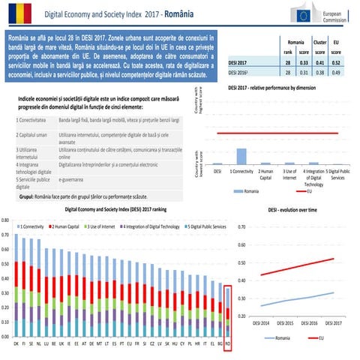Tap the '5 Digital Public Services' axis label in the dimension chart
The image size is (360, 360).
[337, 175]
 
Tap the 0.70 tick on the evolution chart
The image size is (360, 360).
[241, 226]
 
